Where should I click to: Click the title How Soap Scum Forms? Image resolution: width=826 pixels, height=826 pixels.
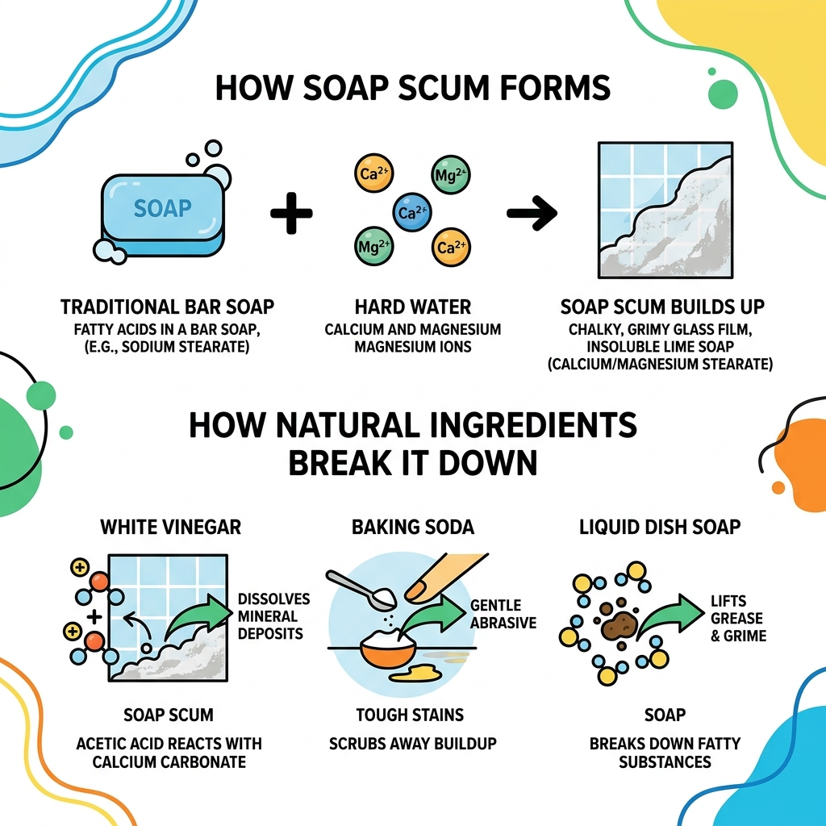(x=412, y=88)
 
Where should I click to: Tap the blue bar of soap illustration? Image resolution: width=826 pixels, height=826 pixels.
(x=162, y=210)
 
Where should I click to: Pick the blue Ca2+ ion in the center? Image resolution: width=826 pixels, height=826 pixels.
(x=411, y=212)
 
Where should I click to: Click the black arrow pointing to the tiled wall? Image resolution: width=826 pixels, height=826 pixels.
(x=532, y=214)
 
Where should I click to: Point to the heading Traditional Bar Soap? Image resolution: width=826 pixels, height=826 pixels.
(x=167, y=307)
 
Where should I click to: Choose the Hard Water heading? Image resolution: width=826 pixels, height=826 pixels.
(x=413, y=307)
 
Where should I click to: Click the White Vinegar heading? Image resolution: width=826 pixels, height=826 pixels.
(x=170, y=527)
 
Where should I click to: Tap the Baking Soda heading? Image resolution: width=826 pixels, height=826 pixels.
(x=413, y=527)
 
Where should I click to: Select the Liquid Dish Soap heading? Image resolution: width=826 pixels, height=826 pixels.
(x=660, y=527)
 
